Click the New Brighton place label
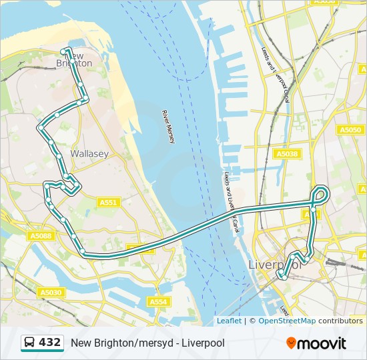point(77,59)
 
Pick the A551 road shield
point(108,202)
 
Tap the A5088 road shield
point(41,235)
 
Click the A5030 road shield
point(51,292)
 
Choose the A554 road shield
point(158,302)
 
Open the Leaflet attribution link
point(229,321)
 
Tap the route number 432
point(50,343)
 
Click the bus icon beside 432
point(30,343)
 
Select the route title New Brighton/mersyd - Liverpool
point(147,343)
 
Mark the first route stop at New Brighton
point(65,51)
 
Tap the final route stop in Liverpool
point(282,275)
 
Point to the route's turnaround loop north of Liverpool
point(322,194)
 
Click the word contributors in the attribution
point(340,321)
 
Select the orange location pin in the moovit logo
point(291,343)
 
